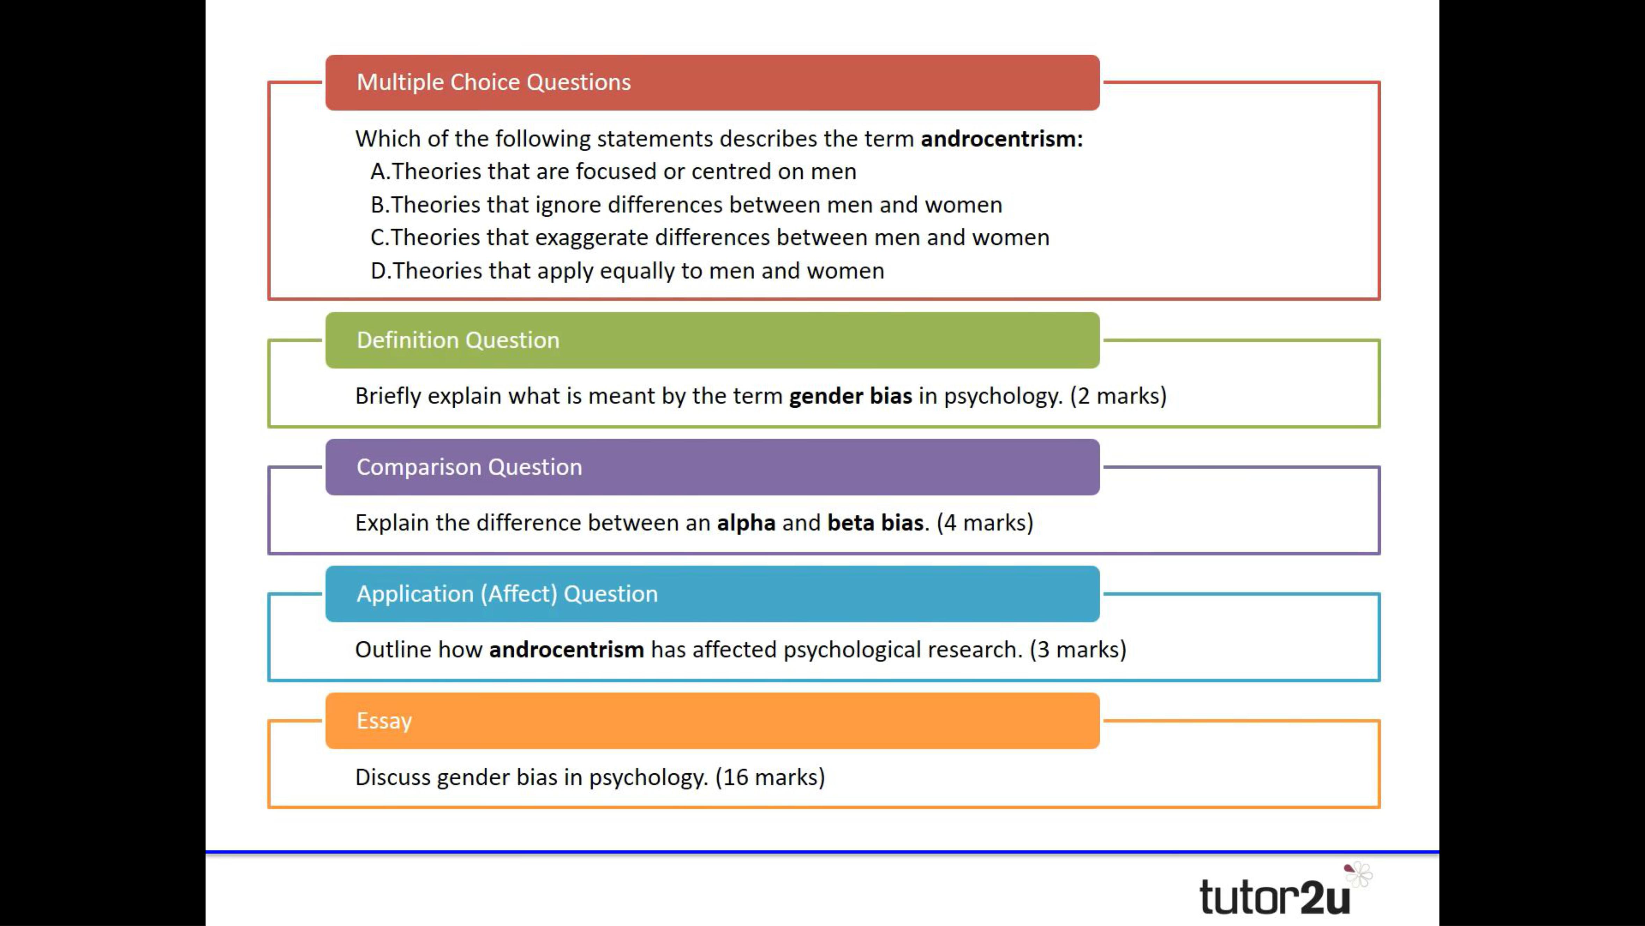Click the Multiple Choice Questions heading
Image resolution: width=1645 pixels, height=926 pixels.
point(493,82)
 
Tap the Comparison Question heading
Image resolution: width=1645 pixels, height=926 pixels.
point(469,467)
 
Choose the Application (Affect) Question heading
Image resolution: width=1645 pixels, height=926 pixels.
point(506,594)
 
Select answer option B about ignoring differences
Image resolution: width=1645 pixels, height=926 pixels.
point(686,205)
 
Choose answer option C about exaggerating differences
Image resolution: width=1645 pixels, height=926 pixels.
point(710,238)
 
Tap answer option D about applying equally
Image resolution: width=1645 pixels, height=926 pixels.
point(627,271)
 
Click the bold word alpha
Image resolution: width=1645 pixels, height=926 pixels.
point(746,523)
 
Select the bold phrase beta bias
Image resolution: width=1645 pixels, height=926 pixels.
point(875,523)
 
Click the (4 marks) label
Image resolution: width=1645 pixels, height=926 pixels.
point(985,523)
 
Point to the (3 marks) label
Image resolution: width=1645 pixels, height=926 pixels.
point(1078,649)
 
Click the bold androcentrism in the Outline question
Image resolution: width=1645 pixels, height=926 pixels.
point(566,649)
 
